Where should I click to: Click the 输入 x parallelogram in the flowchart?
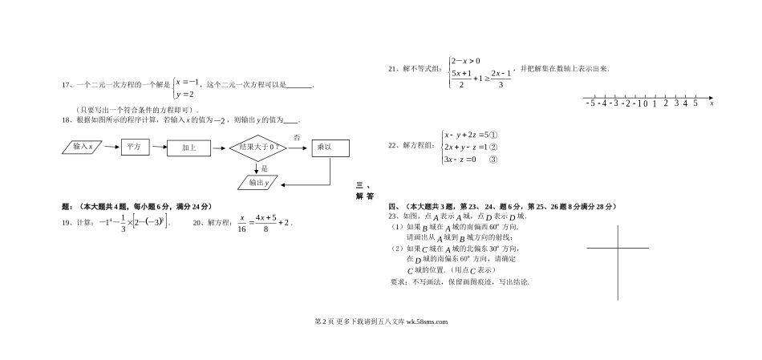coord(84,148)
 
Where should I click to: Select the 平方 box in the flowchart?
coord(132,148)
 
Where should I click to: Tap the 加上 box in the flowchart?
coord(188,148)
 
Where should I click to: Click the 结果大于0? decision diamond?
coord(260,148)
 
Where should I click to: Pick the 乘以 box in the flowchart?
coord(330,148)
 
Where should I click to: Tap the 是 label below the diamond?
coord(265,168)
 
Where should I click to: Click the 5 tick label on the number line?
coord(695,103)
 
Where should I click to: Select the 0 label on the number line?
coord(645,103)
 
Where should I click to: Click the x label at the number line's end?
coord(712,103)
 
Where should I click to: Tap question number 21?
coord(393,69)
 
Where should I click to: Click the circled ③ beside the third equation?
coord(493,160)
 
